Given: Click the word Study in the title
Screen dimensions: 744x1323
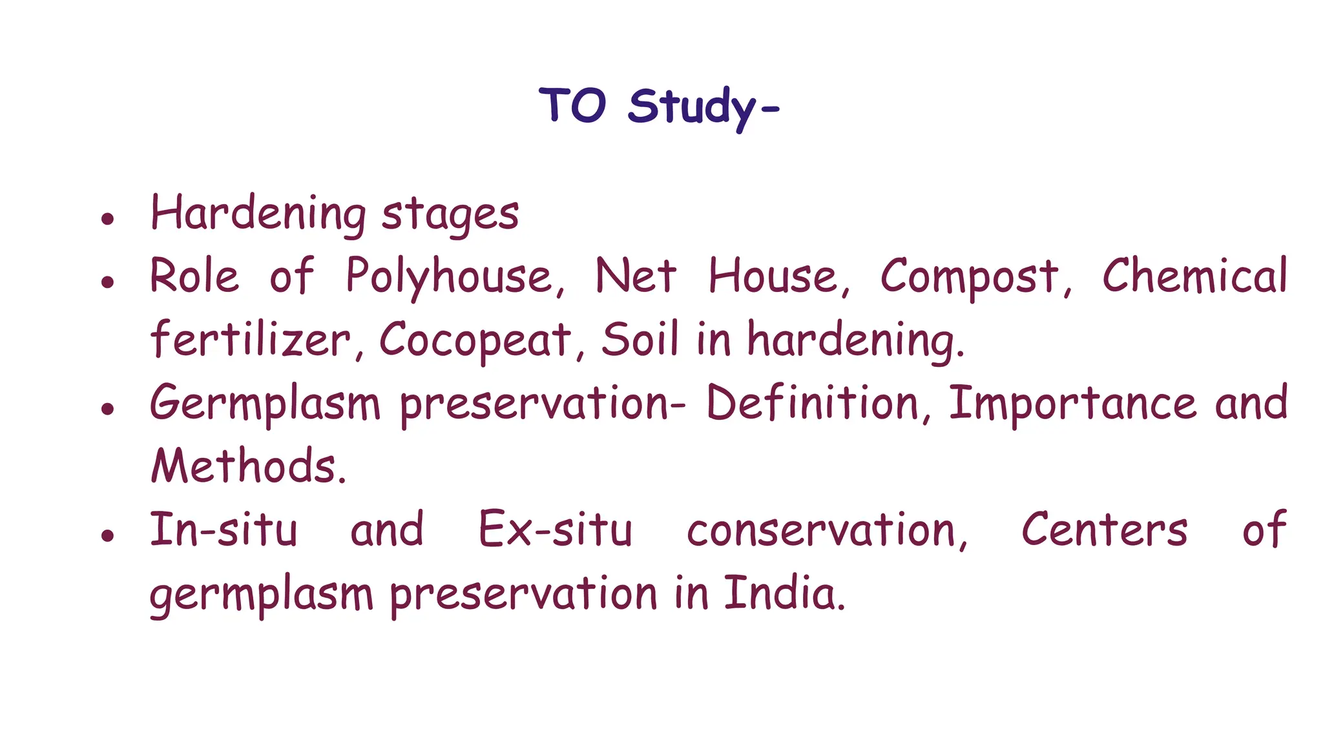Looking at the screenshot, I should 693,107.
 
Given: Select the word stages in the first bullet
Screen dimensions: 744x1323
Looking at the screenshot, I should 450,215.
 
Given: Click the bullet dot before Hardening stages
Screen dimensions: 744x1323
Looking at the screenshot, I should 108,218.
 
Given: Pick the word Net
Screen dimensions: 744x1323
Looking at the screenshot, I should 635,276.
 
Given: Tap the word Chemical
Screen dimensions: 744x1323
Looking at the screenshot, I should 1194,276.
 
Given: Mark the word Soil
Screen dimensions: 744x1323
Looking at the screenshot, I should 640,340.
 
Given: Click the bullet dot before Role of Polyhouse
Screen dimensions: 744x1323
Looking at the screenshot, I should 108,281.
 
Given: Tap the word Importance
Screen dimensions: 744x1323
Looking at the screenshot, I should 1072,403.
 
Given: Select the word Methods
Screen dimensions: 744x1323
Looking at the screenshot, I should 248,466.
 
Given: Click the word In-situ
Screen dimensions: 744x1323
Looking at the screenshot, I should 224,530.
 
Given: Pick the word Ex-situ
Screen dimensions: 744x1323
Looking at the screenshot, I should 555,530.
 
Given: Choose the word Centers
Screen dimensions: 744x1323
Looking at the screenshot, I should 1104,530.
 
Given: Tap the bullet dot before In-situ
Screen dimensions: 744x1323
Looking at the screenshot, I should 108,535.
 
